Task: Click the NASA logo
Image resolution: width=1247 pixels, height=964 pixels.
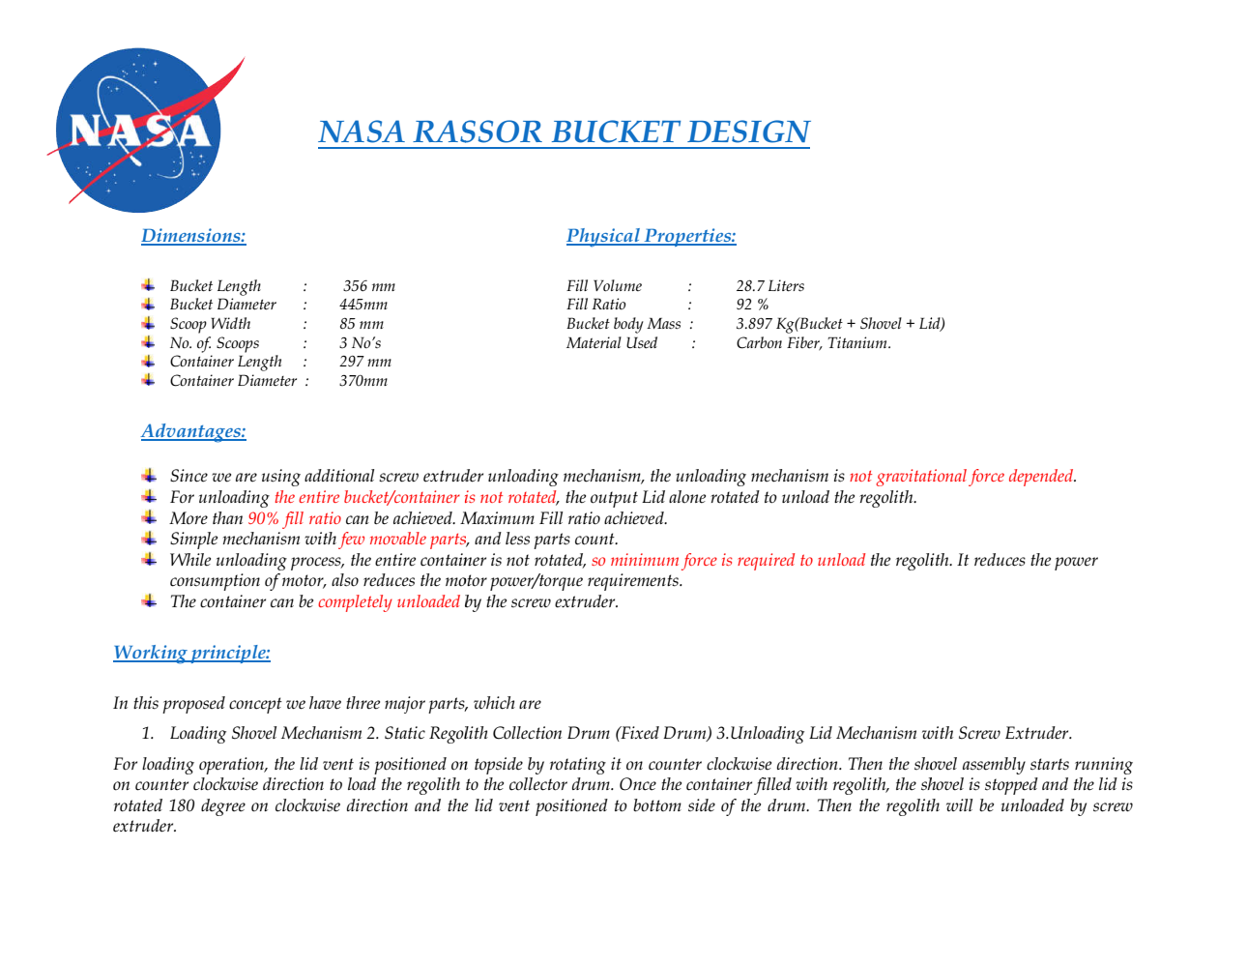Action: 139,131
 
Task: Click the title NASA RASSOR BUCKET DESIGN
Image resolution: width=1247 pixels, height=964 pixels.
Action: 564,131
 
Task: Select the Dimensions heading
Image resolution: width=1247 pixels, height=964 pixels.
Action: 193,236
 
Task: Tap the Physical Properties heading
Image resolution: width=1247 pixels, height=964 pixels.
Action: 651,236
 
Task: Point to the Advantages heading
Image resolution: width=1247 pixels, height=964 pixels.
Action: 193,431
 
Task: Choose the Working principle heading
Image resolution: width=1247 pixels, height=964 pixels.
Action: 191,653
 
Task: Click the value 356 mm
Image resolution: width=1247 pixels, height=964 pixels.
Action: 369,286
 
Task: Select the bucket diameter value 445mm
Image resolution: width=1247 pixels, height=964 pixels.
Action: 362,305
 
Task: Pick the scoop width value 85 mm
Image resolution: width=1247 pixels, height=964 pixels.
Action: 362,324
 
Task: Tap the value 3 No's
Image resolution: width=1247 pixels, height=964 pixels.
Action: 360,343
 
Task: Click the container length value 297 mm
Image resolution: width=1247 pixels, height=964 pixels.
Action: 365,362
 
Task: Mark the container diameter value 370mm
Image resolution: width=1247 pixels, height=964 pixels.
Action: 362,381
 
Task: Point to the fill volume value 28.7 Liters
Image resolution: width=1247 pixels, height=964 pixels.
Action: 769,286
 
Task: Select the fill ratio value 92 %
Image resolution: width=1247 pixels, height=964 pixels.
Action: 752,305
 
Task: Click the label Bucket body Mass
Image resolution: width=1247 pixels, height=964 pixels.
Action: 623,324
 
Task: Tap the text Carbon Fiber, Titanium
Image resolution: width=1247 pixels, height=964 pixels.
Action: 813,343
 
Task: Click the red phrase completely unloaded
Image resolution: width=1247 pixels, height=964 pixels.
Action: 389,602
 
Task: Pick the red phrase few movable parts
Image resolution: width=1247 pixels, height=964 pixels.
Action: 403,540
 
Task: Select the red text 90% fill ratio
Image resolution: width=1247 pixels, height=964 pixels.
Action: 294,519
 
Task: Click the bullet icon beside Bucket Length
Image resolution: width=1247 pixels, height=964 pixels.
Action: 148,285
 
